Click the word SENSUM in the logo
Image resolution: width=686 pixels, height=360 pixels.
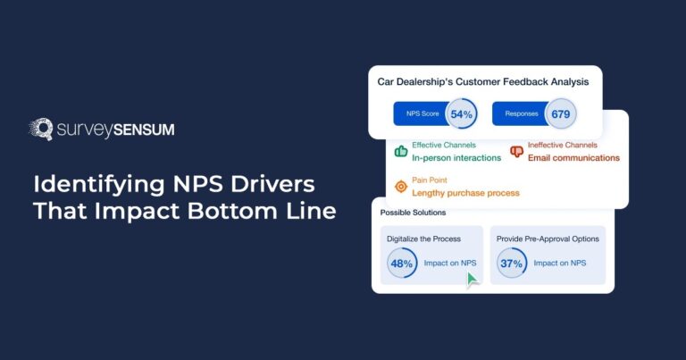pyautogui.click(x=143, y=130)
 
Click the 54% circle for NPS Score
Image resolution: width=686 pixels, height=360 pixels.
pyautogui.click(x=461, y=113)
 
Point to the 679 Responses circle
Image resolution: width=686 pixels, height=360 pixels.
pyautogui.click(x=560, y=113)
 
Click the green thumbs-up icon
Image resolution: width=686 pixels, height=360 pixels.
pyautogui.click(x=400, y=151)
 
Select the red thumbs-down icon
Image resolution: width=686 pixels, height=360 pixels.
pyautogui.click(x=516, y=151)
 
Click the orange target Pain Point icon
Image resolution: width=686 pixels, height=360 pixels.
pyautogui.click(x=400, y=186)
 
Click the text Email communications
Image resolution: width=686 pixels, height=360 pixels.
pyautogui.click(x=573, y=158)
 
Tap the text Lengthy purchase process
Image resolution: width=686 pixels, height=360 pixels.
pyautogui.click(x=465, y=193)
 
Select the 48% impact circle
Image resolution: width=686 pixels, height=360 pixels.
pyautogui.click(x=402, y=263)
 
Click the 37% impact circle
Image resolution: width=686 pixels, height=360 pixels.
pyautogui.click(x=512, y=263)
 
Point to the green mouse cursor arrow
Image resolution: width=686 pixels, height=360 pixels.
pyautogui.click(x=472, y=280)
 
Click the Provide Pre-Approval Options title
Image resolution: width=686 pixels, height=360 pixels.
pyautogui.click(x=548, y=239)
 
